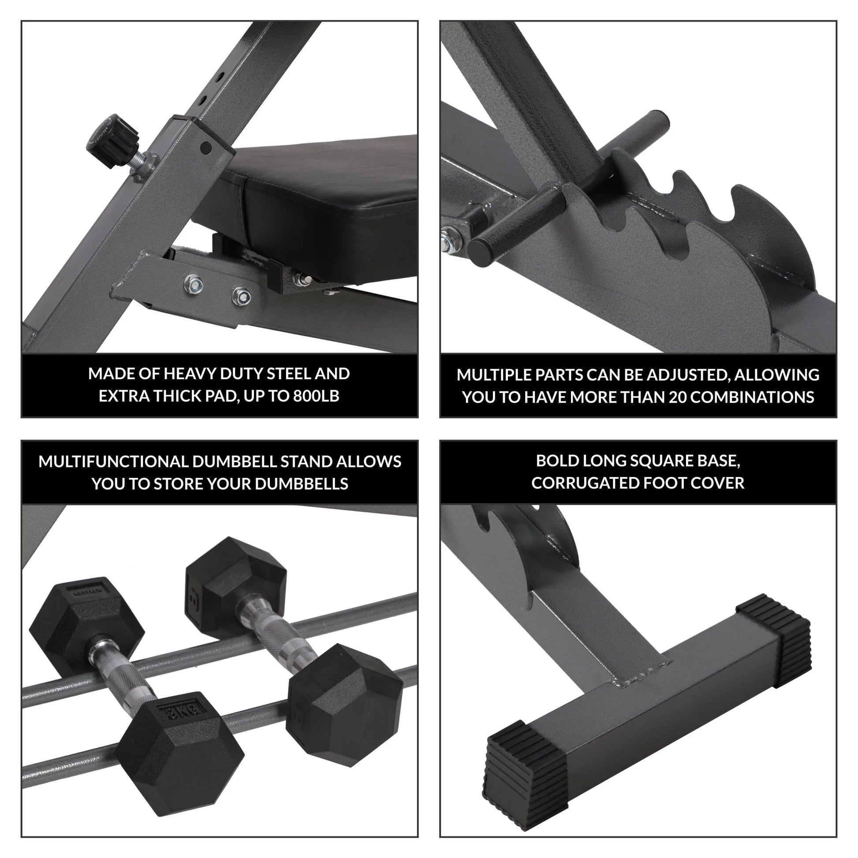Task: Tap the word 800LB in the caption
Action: (x=316, y=395)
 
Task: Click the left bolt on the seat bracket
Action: (x=193, y=283)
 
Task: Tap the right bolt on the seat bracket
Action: (x=241, y=296)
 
